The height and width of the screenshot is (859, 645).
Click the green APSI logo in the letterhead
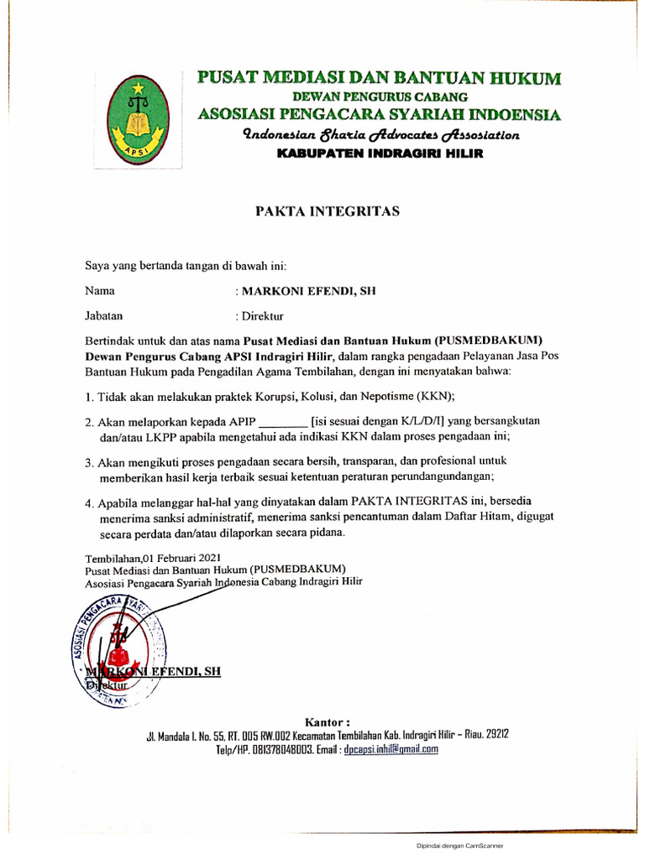click(135, 119)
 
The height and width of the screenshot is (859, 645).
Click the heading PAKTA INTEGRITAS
click(328, 211)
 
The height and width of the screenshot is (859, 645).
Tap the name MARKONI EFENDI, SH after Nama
click(308, 291)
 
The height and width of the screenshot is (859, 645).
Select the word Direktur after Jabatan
click(263, 316)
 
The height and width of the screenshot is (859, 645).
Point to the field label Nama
click(100, 291)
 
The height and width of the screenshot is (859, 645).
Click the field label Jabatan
click(104, 316)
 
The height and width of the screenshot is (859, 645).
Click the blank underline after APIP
click(281, 421)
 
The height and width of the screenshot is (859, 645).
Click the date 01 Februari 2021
click(181, 558)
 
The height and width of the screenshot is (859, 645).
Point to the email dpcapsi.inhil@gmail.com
click(391, 750)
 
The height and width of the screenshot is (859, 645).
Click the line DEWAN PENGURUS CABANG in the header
click(380, 97)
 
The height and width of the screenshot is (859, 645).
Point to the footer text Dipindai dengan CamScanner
click(459, 846)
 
